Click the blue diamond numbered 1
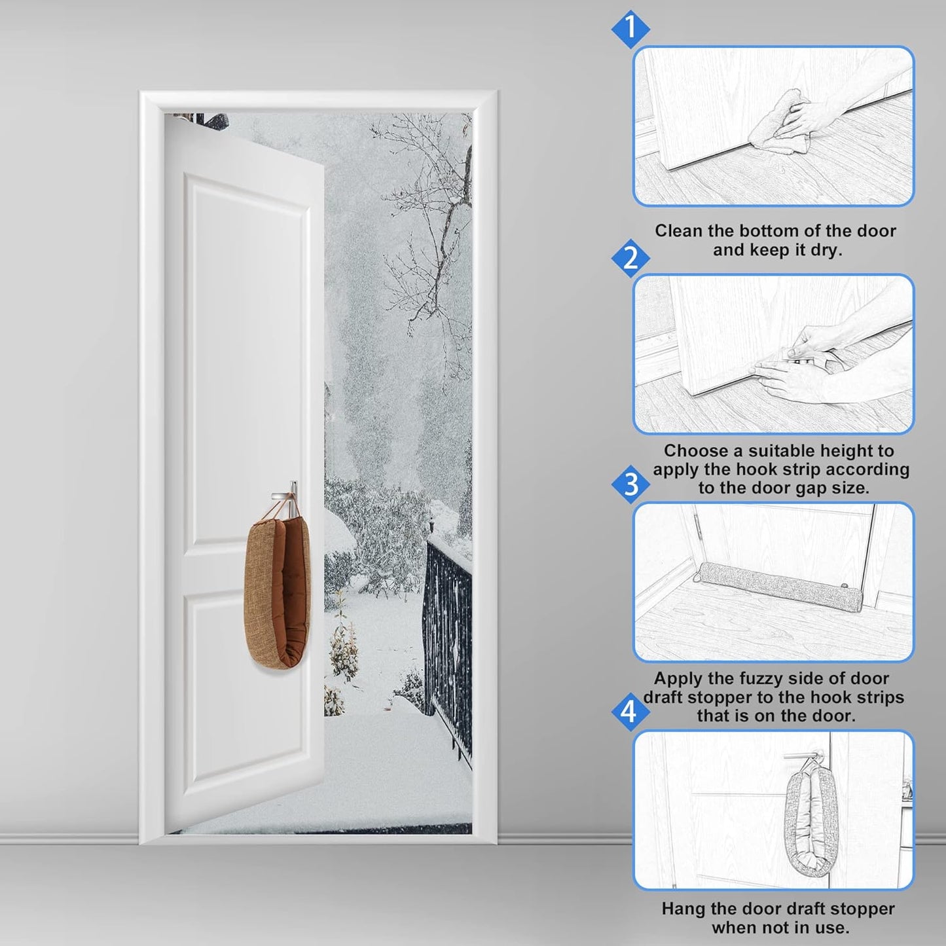tap(630, 28)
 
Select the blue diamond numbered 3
tap(630, 485)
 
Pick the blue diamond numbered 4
tap(629, 711)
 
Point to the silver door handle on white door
tap(286, 489)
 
